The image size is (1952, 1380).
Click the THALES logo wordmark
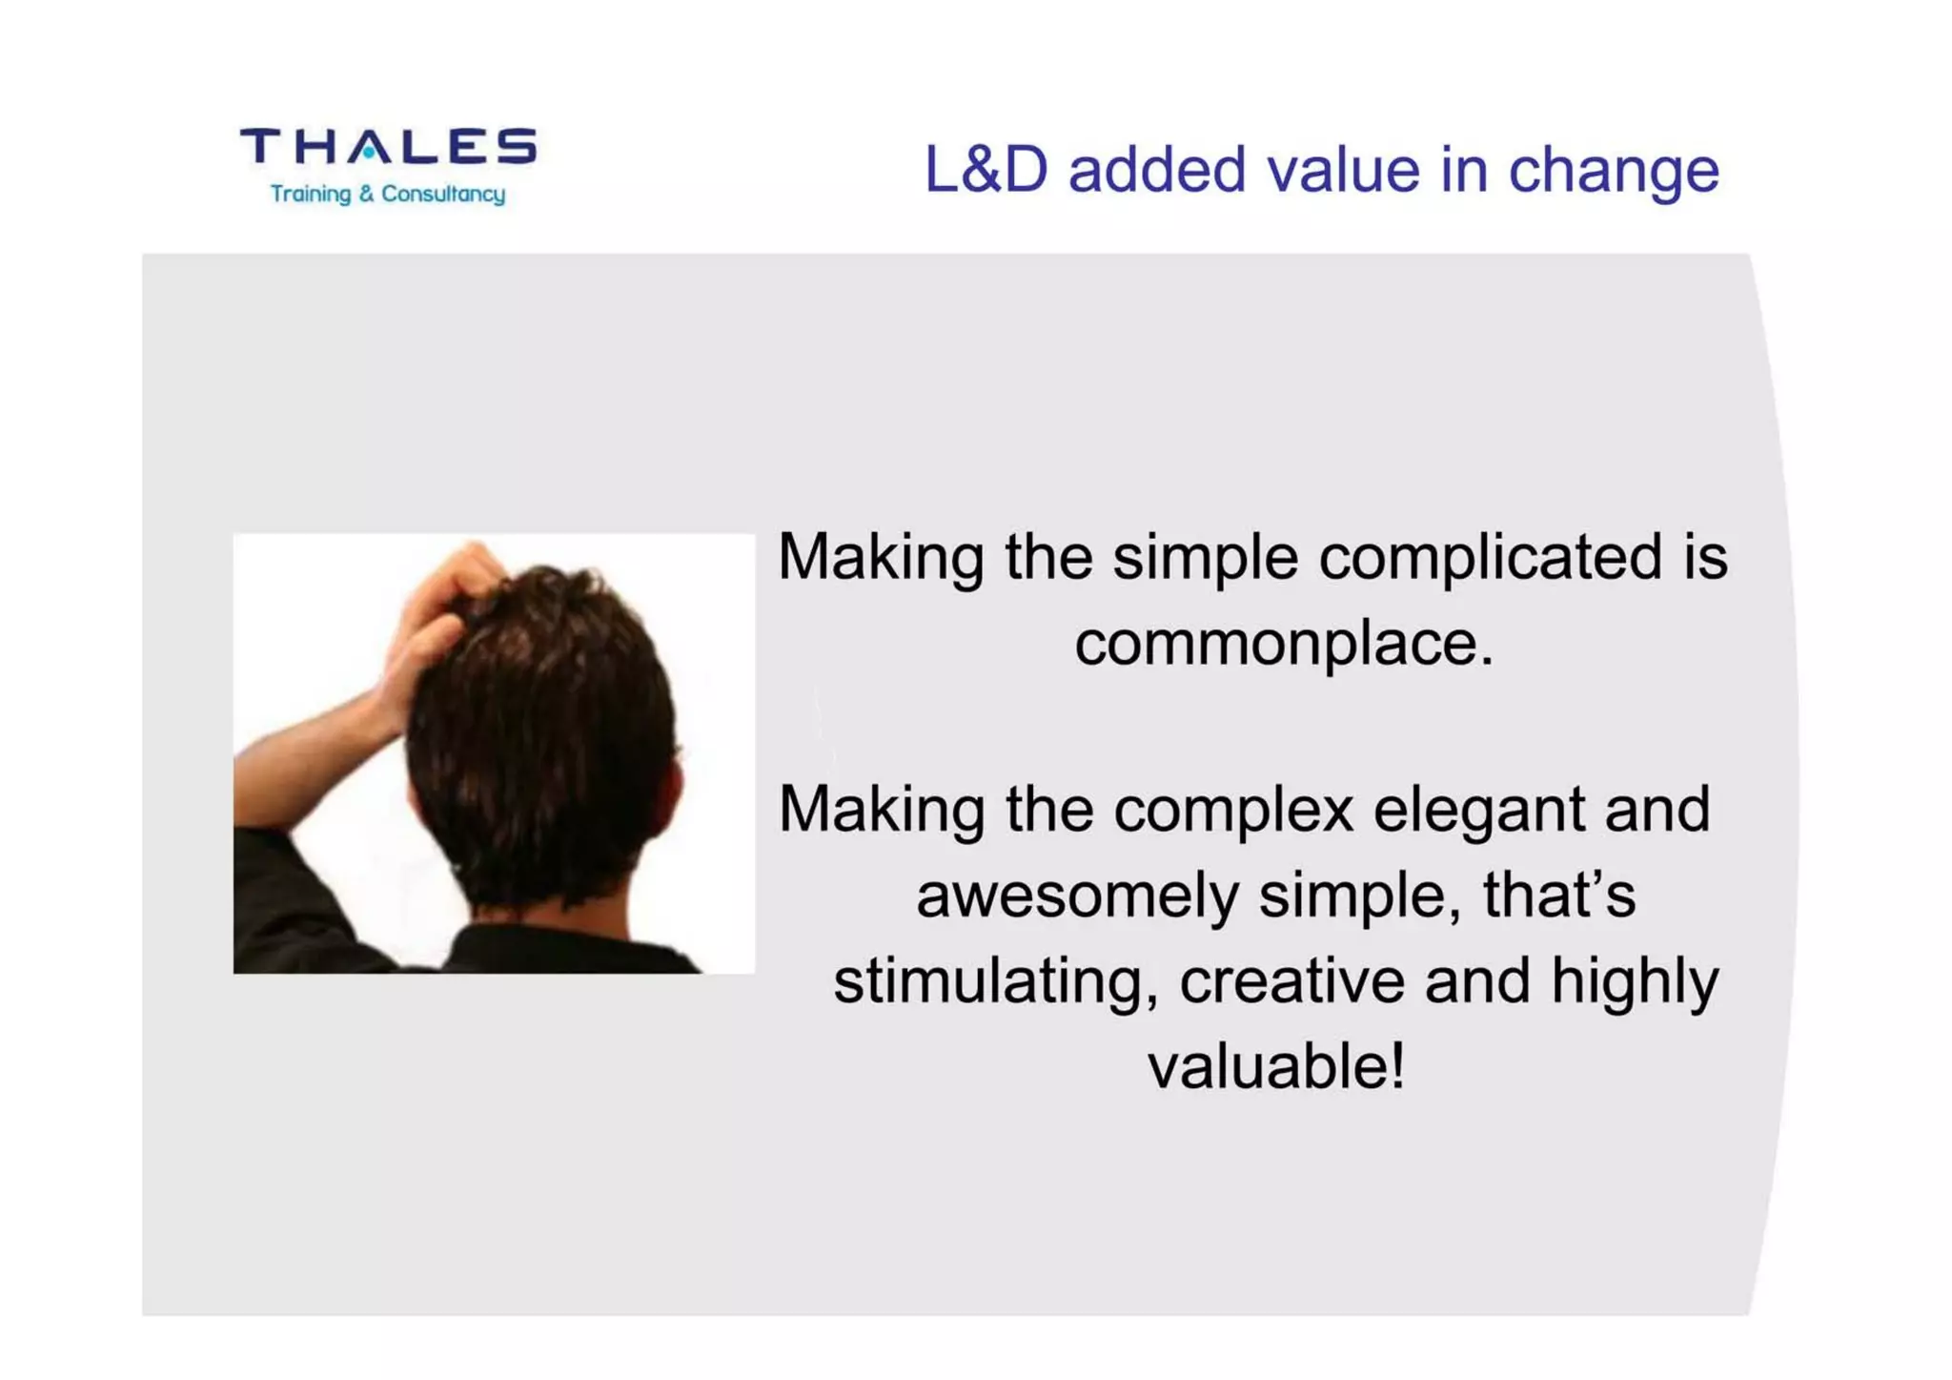coord(388,147)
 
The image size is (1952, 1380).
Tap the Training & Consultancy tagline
coord(387,194)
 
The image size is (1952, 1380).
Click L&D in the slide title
coord(985,170)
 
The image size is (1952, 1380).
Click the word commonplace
coord(1282,644)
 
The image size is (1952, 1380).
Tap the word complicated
coord(1490,557)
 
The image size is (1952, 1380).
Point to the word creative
coord(1291,982)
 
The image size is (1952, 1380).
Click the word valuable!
coord(1275,1066)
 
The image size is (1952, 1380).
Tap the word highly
coord(1634,982)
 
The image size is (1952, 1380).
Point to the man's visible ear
coord(675,787)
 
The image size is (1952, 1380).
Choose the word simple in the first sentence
coord(1205,559)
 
